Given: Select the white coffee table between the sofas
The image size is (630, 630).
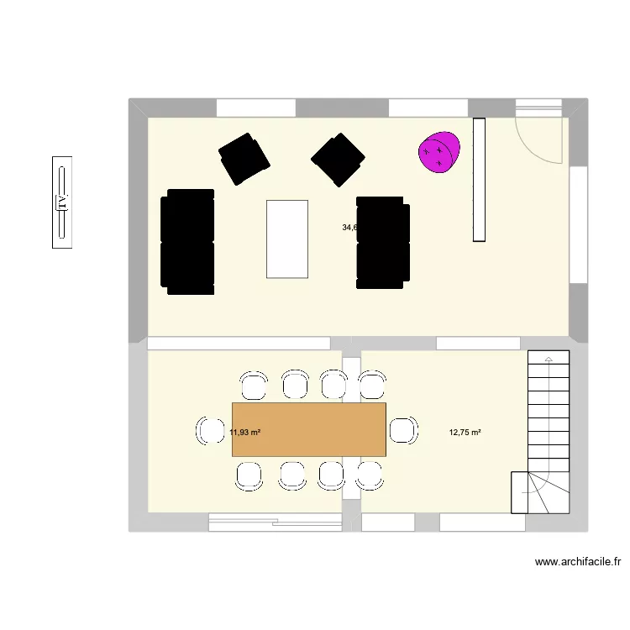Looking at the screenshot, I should coord(287,239).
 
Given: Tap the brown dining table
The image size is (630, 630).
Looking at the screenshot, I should coord(308,429).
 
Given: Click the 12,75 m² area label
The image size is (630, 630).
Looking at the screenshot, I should coord(465,433).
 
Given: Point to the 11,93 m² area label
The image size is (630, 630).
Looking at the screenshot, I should coord(244,433).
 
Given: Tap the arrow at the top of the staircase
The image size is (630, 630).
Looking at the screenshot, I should coord(549,360).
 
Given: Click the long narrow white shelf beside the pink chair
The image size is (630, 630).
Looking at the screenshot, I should coord(480,180).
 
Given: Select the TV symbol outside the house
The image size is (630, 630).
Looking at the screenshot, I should coord(61,202).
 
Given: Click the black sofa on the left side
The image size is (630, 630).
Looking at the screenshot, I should coord(187,241).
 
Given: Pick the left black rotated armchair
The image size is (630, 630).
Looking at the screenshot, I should coord(244,158).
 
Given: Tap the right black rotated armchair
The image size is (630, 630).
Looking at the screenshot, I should coord(338,158).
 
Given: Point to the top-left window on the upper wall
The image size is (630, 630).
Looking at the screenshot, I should coord(256,108).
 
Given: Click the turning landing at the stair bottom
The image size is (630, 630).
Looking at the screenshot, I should coord(530,491).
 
